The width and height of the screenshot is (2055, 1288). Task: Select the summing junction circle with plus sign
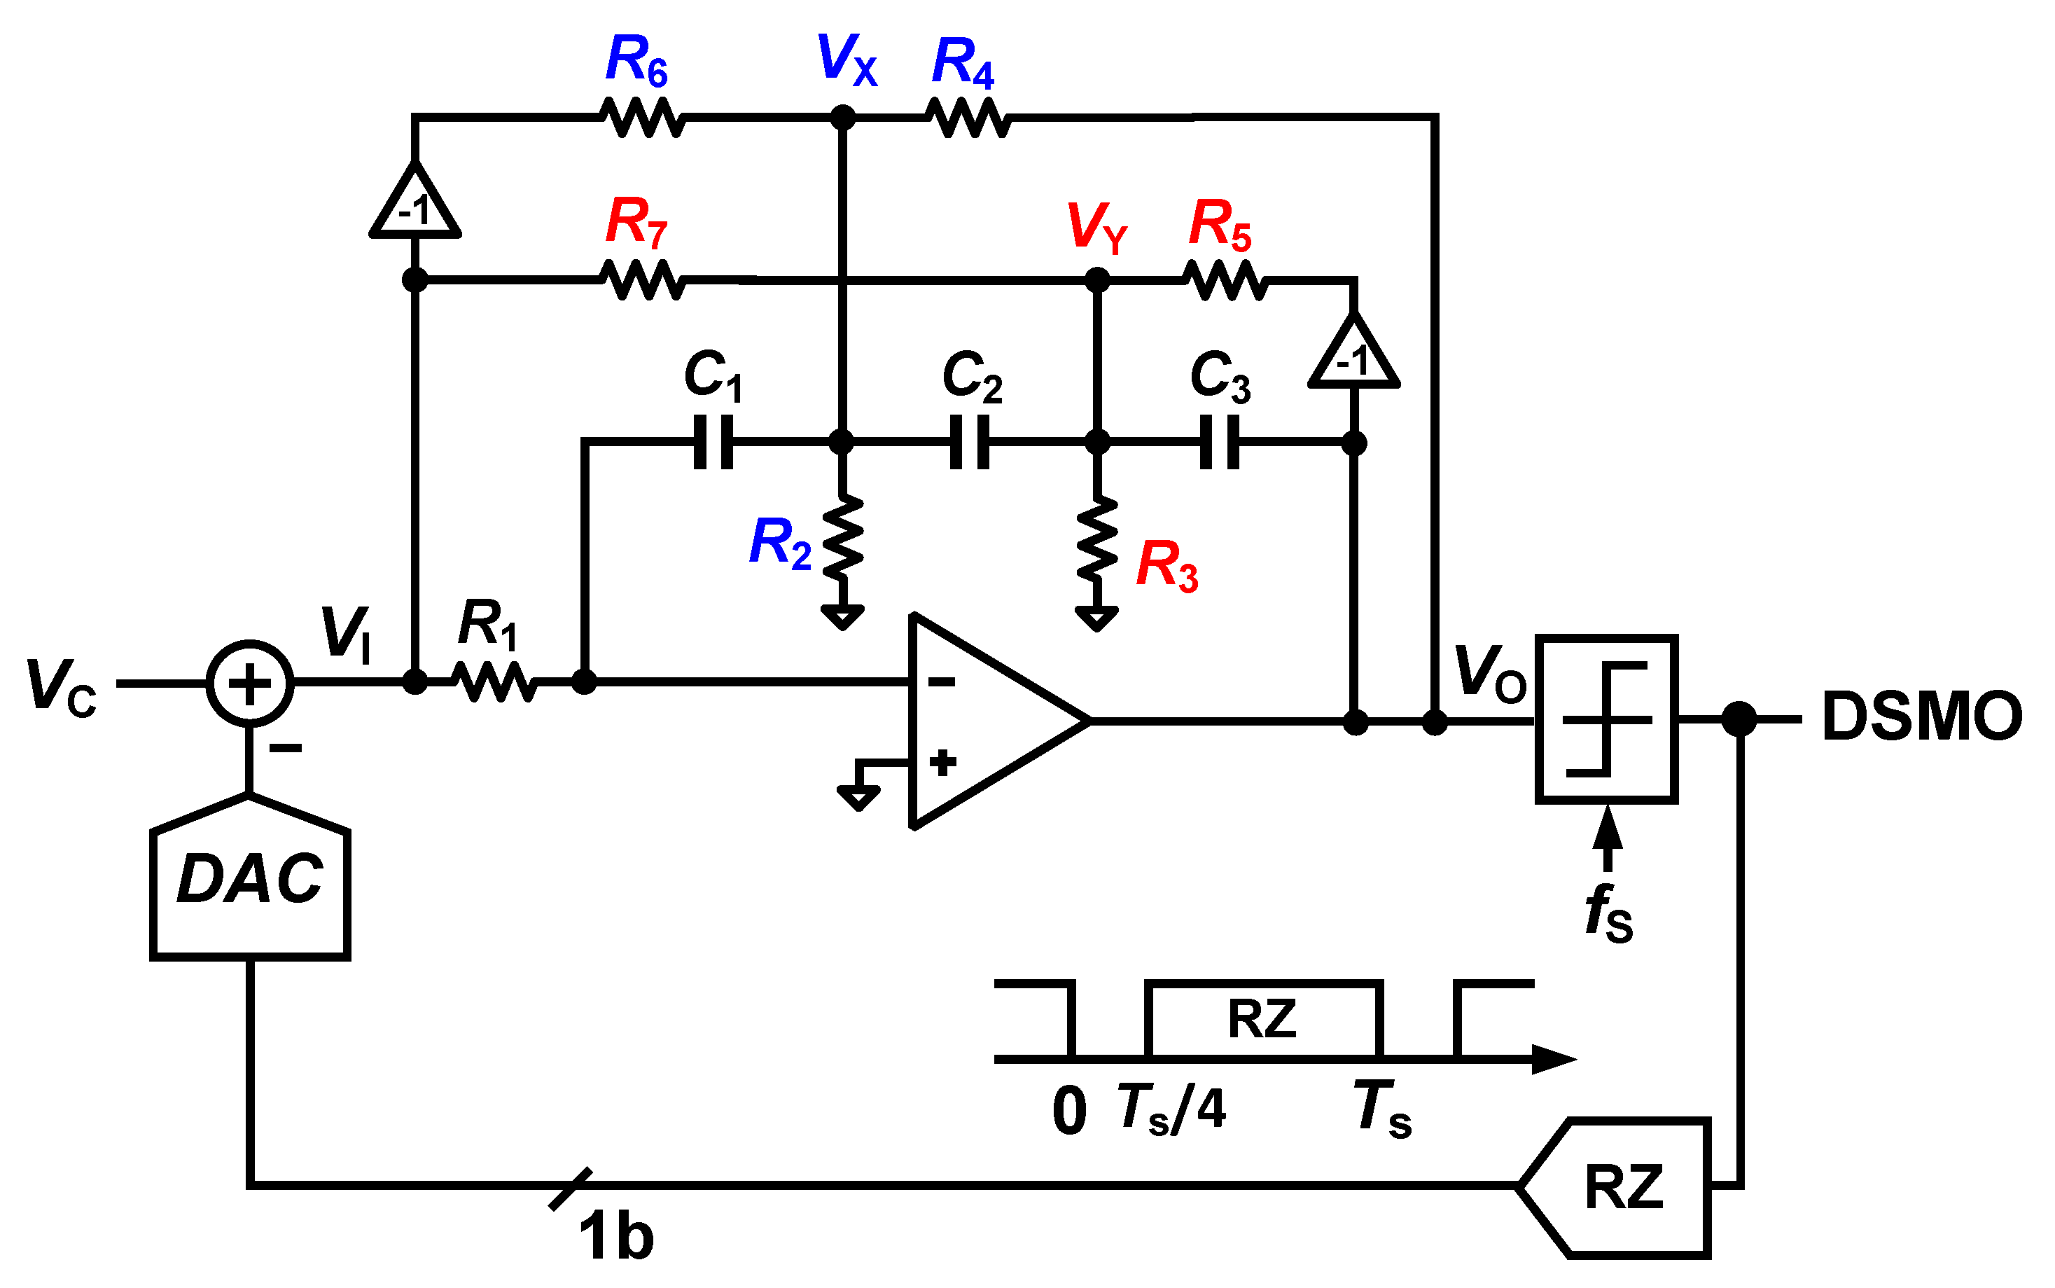coord(249,683)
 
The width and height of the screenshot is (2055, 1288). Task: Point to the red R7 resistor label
coord(636,223)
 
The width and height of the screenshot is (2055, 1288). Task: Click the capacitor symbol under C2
coord(970,442)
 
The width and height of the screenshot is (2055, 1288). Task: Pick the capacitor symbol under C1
coord(713,442)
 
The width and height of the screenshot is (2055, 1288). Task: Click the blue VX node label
coord(846,60)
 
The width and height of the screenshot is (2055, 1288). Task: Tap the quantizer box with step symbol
coord(1606,719)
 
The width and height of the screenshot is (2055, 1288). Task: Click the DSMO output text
coord(1921,717)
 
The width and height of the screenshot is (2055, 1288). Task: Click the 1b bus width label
coord(615,1237)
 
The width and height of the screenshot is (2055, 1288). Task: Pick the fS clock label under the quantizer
coord(1608,914)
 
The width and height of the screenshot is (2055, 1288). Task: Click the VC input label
coord(62,686)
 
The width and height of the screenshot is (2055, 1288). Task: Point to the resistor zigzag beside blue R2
coord(842,537)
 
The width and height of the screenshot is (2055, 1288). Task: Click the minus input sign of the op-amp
coord(941,681)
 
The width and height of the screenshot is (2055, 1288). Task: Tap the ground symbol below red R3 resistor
coord(1097,618)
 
